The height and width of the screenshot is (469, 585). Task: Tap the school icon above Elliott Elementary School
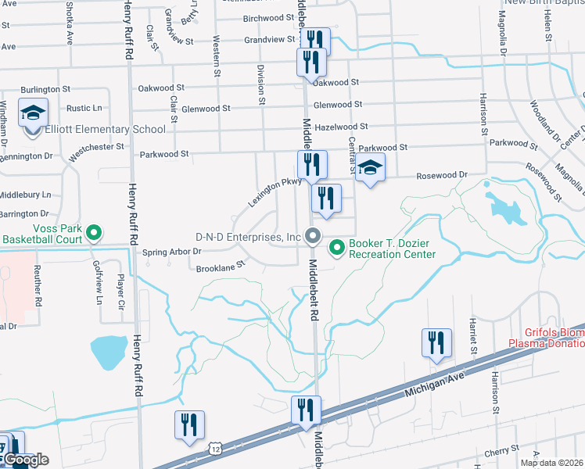[33, 113]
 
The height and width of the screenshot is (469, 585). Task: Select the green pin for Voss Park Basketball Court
[94, 232]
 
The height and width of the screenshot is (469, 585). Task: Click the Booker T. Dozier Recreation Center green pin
[338, 248]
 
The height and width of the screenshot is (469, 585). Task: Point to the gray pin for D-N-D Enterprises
[314, 235]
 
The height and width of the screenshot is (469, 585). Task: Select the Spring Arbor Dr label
[172, 252]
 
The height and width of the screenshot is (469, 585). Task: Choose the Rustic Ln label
[84, 108]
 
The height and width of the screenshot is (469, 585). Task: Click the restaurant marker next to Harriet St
[436, 342]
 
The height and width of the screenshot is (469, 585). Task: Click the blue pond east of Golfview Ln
[109, 353]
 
